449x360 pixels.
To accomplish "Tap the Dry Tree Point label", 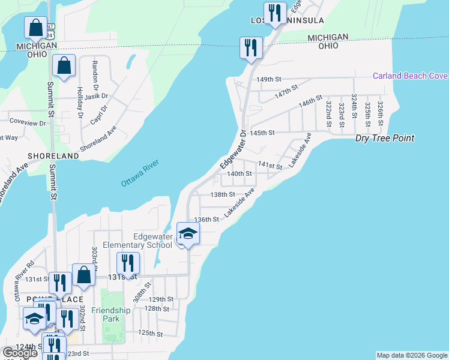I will coord(385,138).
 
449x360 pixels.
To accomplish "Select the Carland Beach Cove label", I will coord(410,76).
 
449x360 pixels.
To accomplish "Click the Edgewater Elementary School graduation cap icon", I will coord(188,233).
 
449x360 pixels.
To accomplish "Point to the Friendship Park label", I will coord(116,314).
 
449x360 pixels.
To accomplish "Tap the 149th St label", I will coord(268,79).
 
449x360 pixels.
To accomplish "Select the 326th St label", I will coord(381,110).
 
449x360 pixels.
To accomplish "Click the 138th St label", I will coord(222,194).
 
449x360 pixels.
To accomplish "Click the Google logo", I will coord(20,353).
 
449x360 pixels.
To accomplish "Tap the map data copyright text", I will coord(411,355).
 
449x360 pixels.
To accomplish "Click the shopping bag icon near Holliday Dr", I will coord(64,67).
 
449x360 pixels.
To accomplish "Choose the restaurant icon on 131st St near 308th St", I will coord(127,263).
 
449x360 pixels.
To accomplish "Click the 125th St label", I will coord(151,333).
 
